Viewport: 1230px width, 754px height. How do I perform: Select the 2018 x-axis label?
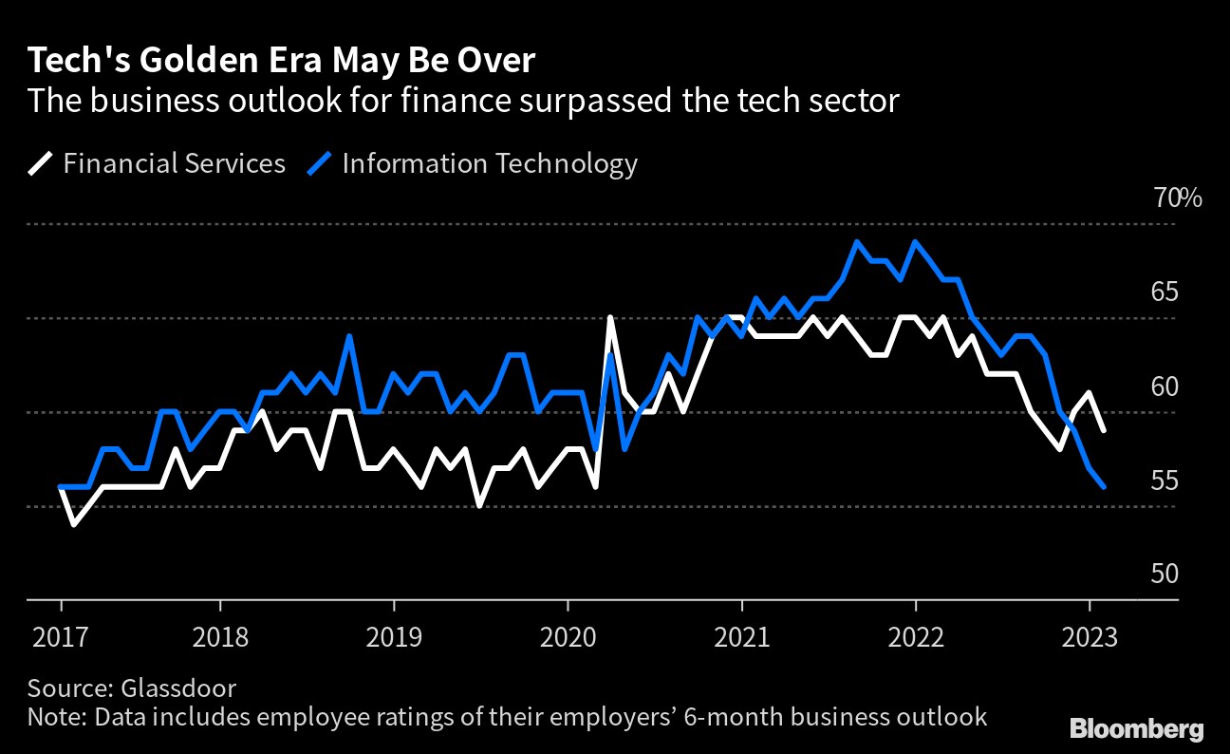coord(219,635)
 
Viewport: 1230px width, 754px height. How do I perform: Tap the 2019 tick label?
coord(394,635)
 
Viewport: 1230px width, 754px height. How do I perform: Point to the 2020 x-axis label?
coord(568,635)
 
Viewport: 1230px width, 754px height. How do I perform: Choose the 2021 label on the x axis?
coord(741,635)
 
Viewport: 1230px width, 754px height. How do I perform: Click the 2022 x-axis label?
coord(916,635)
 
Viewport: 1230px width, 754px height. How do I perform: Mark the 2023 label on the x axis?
coord(1090,635)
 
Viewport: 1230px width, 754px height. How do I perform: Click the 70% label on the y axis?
coord(1177,198)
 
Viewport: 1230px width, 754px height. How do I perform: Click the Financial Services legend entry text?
coord(174,163)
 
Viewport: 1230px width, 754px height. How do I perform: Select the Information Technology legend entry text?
coord(489,163)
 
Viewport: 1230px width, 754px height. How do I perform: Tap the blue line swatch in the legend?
coord(321,164)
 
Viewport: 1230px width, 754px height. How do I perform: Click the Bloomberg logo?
coord(1137,728)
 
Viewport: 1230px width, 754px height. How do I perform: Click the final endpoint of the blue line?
coord(1104,487)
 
